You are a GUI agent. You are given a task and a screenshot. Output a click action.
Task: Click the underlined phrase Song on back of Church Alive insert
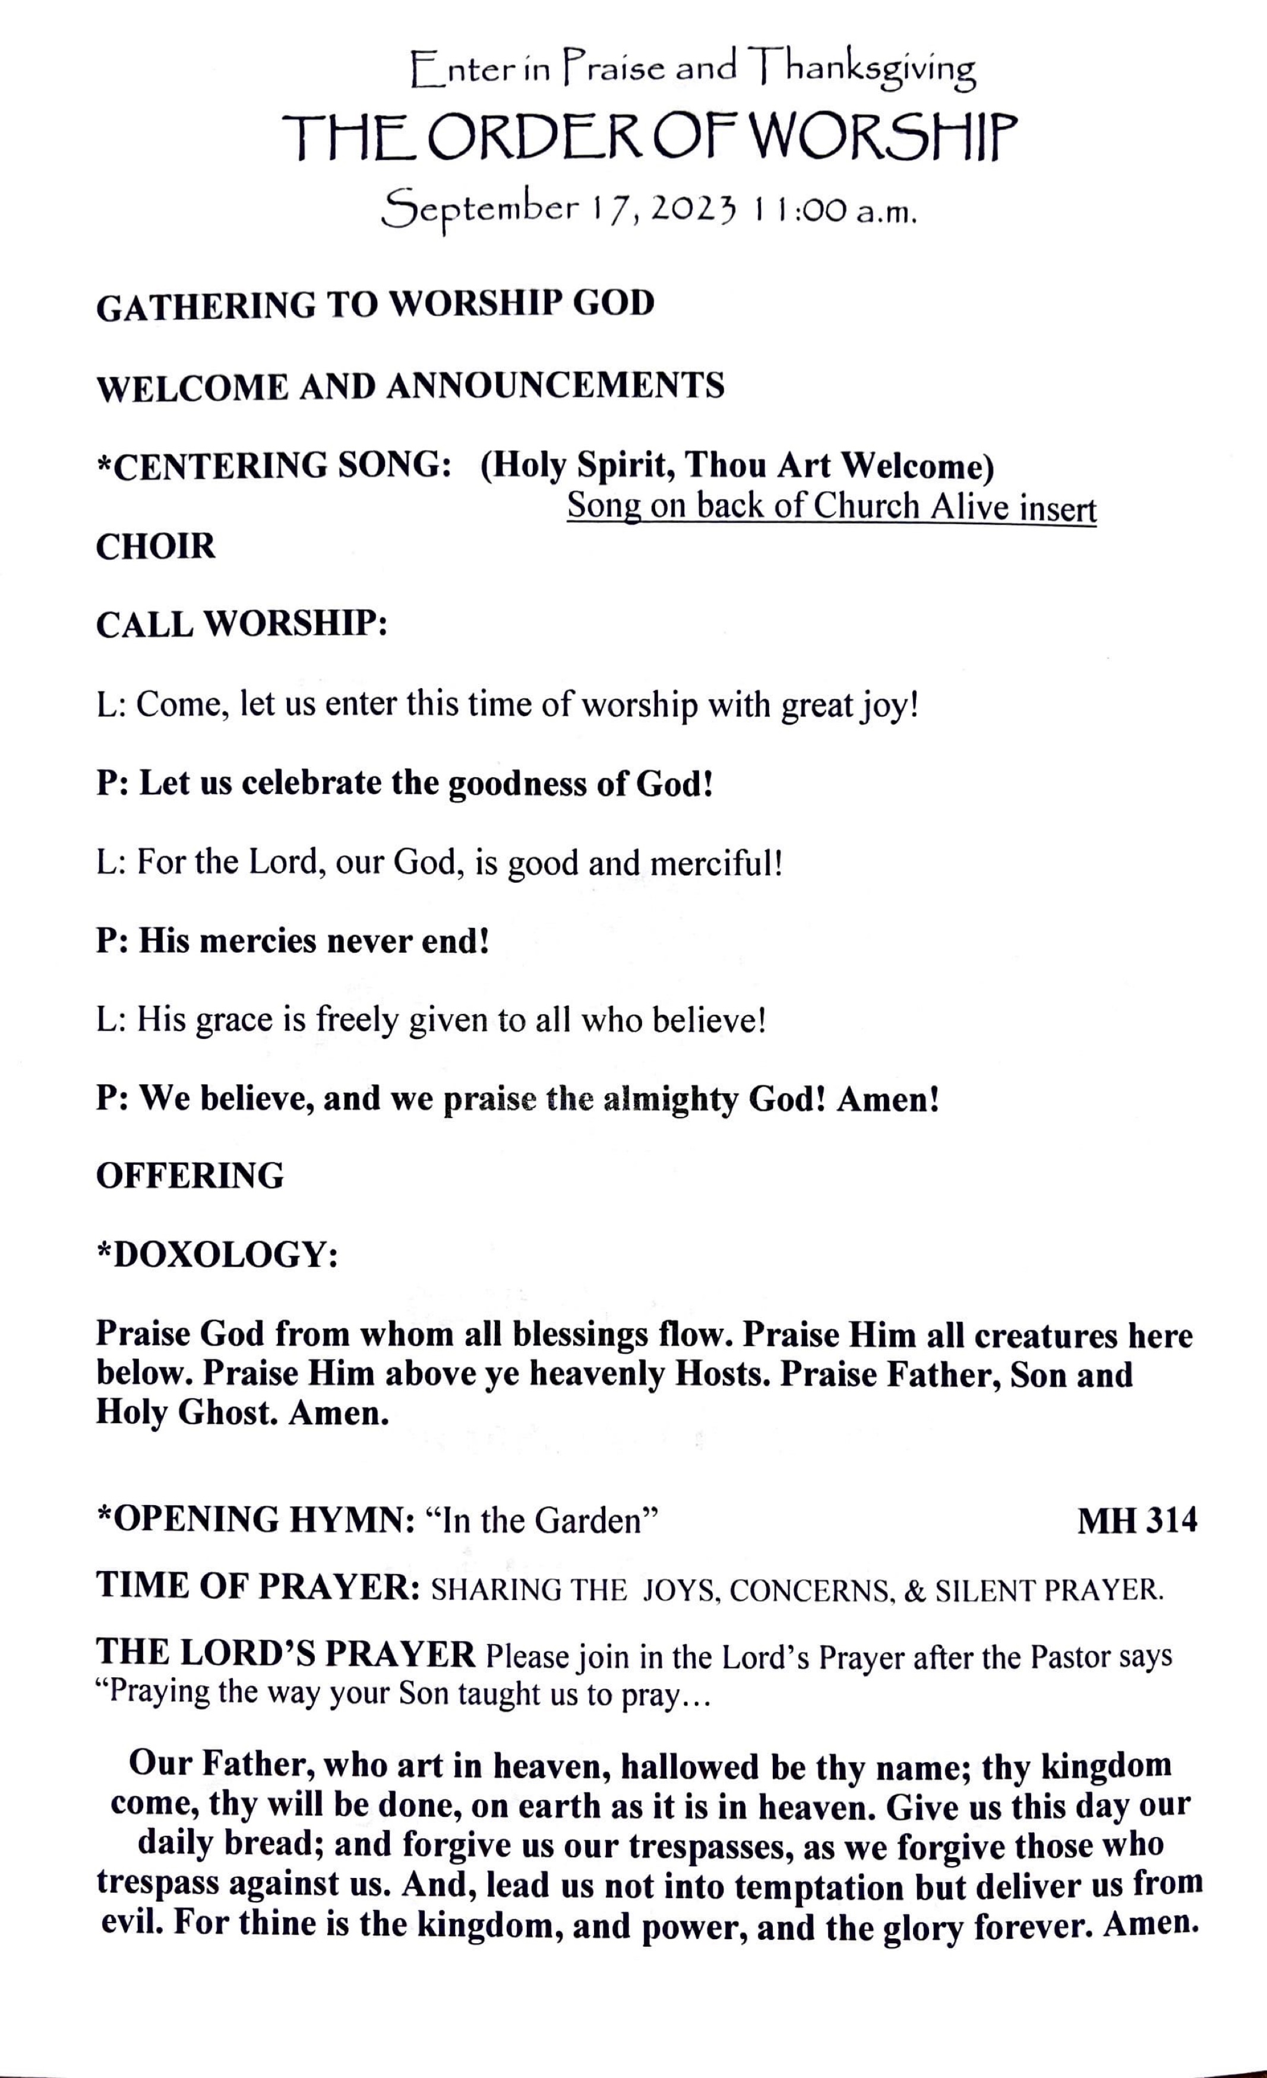click(x=831, y=507)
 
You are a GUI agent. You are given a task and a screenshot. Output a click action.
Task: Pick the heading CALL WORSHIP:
click(x=241, y=625)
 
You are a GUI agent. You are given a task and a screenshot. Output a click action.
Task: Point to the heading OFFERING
click(x=190, y=1176)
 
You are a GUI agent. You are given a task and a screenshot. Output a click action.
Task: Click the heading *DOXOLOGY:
click(x=217, y=1255)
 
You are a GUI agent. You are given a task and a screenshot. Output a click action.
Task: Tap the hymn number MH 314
click(x=1136, y=1520)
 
